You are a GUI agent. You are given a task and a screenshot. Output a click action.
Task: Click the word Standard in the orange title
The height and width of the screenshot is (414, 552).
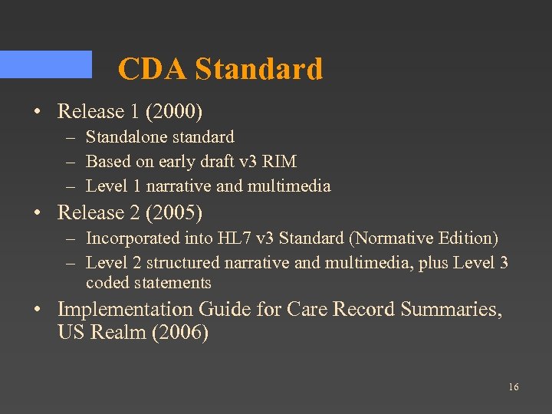point(258,70)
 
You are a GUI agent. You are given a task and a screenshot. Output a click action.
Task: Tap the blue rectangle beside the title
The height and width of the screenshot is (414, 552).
point(46,64)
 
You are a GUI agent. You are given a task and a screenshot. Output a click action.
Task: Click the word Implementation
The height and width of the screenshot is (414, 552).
point(126,310)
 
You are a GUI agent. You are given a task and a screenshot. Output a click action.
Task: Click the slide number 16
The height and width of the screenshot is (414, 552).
point(513,387)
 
